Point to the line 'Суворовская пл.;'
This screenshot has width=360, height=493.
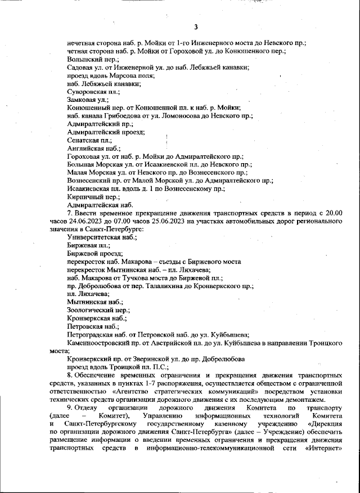[x=93, y=92]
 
